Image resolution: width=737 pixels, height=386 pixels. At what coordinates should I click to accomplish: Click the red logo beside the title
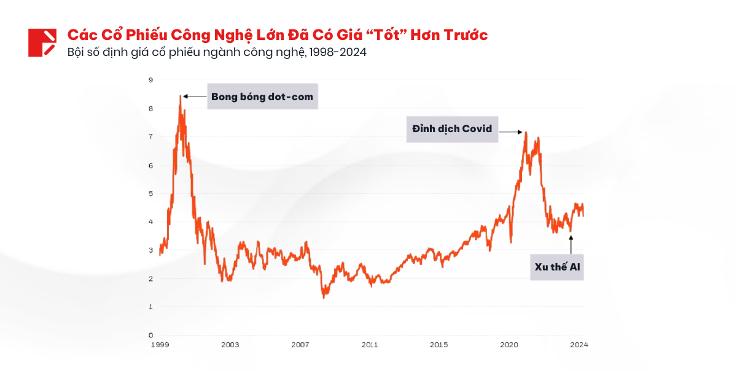tap(42, 42)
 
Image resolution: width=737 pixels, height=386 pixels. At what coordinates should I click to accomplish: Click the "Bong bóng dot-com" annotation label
tap(262, 96)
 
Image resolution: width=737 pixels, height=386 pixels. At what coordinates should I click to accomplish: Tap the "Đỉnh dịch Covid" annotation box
tap(451, 129)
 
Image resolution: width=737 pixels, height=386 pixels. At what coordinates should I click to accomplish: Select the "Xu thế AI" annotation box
tap(557, 267)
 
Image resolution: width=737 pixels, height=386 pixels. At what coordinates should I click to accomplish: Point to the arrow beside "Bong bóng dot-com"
tap(195, 96)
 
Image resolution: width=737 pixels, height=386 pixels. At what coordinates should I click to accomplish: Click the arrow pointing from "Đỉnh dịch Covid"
tap(511, 132)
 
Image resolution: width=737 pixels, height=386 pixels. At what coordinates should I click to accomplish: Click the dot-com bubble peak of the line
tap(181, 96)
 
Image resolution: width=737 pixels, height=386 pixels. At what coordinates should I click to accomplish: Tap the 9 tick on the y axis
tap(151, 80)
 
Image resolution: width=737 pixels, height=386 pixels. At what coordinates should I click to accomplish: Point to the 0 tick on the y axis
tap(151, 336)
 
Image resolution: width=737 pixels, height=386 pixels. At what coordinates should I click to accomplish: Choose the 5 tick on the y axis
tap(151, 194)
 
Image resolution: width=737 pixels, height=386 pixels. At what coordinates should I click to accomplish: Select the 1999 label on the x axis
tap(160, 345)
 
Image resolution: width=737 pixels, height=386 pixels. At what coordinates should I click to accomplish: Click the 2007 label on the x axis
tap(300, 345)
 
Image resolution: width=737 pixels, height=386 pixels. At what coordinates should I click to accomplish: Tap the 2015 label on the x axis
tap(439, 345)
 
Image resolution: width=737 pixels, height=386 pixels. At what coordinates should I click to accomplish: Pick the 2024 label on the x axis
tap(579, 345)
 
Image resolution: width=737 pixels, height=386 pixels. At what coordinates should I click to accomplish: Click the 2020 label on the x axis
tap(509, 345)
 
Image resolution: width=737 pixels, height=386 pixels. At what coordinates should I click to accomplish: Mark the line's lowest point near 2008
tap(324, 298)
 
